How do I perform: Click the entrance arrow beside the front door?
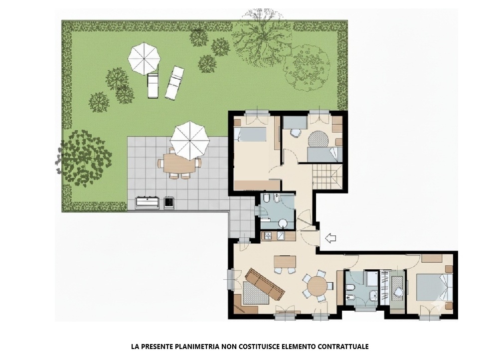[x=329, y=238]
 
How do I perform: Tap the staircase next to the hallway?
[x=326, y=178]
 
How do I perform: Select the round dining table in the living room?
[x=318, y=286]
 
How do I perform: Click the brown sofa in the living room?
[x=264, y=284]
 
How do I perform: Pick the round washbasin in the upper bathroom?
[x=283, y=223]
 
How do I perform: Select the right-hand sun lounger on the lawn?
[x=174, y=83]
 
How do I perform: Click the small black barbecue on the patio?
[x=169, y=202]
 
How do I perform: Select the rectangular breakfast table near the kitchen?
[x=285, y=261]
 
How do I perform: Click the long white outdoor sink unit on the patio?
[x=147, y=202]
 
